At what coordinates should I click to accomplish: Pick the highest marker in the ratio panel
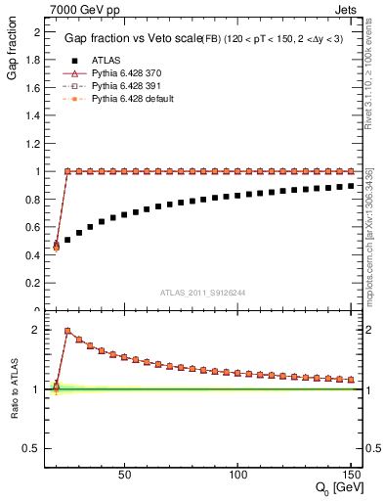[x=67, y=331]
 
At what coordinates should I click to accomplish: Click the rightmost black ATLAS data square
[x=351, y=185]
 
